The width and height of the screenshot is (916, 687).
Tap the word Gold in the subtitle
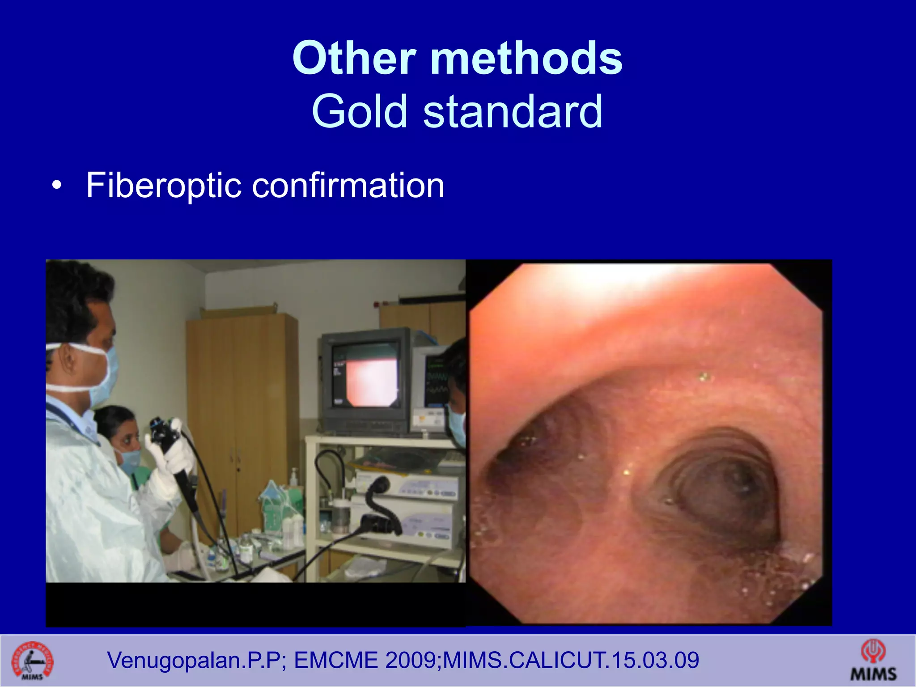[359, 111]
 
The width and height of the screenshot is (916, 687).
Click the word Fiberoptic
[164, 185]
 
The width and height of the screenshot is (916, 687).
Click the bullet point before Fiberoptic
[56, 186]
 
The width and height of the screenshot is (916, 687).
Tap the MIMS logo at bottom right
[873, 661]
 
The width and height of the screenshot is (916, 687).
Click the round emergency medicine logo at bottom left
[32, 661]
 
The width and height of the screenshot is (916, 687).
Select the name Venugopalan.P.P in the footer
[194, 661]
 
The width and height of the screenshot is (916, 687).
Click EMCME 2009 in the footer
[364, 661]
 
